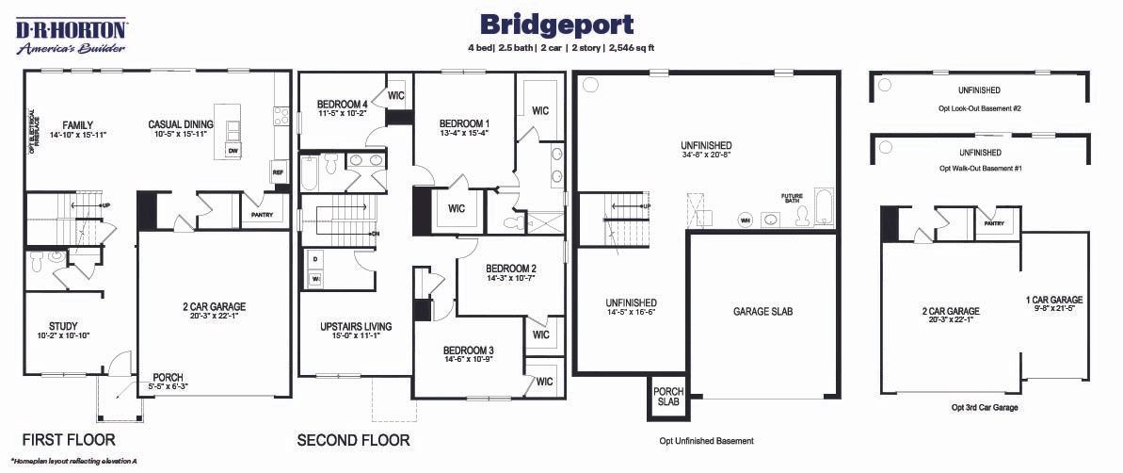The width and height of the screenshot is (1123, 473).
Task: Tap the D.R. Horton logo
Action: pos(71,35)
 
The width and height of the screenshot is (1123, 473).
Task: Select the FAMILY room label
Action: pos(78,124)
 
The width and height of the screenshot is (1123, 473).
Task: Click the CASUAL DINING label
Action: pos(181,124)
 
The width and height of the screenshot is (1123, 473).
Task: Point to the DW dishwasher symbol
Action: pos(232,151)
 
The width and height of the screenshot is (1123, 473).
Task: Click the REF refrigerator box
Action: pos(278,173)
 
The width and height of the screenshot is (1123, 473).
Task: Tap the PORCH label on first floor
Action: pos(168,378)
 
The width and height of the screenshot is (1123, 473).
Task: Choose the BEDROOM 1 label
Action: pos(464,123)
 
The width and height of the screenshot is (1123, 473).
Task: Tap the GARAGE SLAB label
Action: pos(763,311)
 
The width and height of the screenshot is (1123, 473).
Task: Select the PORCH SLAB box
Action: pos(669,398)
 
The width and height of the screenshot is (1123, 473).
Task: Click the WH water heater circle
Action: pos(746,220)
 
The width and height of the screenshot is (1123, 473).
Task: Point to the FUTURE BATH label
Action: pos(793,199)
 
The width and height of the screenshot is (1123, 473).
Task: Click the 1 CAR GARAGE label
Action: pos(1053,300)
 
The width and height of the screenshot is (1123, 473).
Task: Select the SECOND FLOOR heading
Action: pos(353,439)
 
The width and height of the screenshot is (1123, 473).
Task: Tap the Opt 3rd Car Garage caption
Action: pos(985,408)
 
